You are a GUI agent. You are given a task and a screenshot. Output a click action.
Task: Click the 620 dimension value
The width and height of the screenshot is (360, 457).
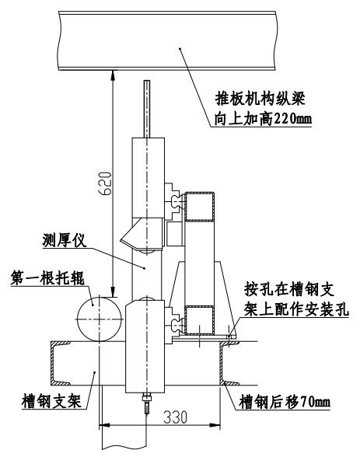105,183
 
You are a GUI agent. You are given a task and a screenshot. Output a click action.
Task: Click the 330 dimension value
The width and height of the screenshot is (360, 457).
175,417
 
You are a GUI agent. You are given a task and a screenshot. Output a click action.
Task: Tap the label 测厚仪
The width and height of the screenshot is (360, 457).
65,240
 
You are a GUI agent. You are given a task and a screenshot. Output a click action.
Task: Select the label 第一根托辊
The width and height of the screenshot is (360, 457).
47,277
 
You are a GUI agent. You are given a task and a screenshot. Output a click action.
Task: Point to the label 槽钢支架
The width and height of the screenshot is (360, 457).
51,401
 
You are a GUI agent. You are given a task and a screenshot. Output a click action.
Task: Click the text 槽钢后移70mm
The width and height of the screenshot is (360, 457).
285,402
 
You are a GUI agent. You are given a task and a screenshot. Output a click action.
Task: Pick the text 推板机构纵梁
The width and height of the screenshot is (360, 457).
260,99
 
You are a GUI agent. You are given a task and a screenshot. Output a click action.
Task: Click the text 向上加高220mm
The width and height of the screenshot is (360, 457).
264,118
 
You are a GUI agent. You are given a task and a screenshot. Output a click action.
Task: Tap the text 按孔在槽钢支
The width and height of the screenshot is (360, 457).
289,289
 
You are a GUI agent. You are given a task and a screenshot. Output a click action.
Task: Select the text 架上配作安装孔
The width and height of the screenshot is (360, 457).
296,309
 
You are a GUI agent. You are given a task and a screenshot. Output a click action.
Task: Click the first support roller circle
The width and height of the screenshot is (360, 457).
100,319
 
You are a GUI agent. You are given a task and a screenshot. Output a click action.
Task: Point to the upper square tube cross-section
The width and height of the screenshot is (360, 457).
200,207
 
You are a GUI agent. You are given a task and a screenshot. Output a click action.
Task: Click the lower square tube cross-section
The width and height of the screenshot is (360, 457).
200,319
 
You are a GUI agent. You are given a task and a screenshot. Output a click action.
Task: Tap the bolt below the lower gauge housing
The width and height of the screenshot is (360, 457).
146,403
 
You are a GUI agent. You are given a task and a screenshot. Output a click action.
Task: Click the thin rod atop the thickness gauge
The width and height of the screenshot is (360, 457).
147,109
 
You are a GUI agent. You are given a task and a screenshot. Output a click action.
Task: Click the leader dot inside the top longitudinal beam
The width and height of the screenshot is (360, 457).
180,48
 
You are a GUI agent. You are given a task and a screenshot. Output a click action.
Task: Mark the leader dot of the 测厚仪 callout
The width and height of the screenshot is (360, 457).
145,267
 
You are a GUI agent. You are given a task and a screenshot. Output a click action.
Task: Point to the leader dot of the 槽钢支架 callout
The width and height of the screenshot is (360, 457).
94,372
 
